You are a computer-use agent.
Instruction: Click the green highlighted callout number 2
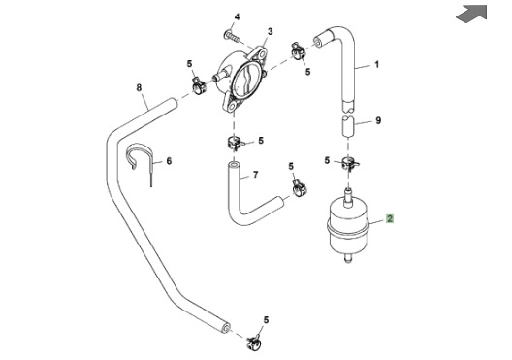(390, 218)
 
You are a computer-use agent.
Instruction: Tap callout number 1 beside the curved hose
(377, 64)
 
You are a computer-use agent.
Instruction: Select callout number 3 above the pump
(270, 32)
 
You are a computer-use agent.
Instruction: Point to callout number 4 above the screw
(237, 16)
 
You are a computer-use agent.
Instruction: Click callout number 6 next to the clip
(169, 161)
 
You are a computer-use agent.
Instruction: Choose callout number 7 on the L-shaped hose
(256, 175)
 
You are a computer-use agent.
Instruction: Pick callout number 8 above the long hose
(139, 87)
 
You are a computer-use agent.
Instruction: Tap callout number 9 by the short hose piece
(378, 120)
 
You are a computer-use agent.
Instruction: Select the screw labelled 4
(233, 36)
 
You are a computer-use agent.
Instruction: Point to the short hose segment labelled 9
(348, 125)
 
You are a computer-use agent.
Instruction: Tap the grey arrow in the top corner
(471, 14)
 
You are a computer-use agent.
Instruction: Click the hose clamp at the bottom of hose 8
(254, 342)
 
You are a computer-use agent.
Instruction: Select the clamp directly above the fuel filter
(349, 162)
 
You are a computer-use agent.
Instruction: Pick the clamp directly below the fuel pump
(235, 143)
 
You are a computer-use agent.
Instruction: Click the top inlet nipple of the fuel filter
(348, 197)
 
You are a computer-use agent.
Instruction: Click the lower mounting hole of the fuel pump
(232, 105)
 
